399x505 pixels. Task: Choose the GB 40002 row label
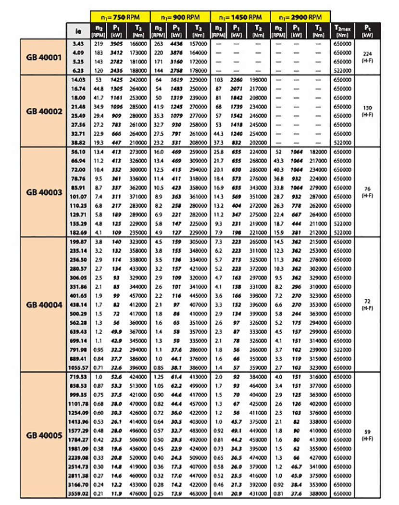[43, 111]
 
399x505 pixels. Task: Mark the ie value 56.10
[78, 151]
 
